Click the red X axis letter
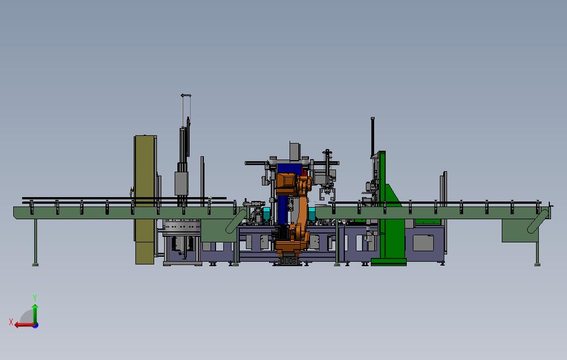(x=11, y=322)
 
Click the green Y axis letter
(x=35, y=298)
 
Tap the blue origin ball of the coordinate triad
(x=35, y=325)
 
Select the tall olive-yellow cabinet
(x=145, y=200)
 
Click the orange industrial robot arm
(x=293, y=213)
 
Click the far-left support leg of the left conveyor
(x=35, y=242)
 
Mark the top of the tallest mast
(x=186, y=96)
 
